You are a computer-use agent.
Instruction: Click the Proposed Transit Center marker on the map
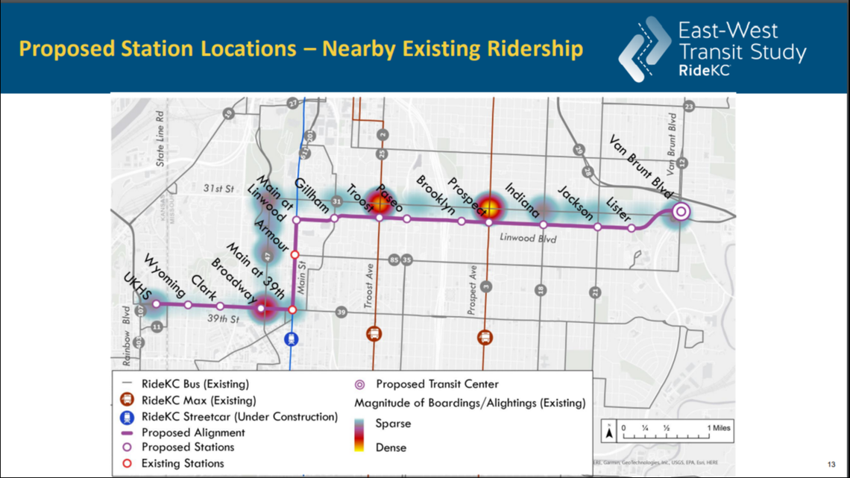(x=680, y=212)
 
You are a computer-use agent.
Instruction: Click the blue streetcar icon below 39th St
(x=293, y=338)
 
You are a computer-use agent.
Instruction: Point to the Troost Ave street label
(x=369, y=283)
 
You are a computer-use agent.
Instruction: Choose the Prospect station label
(x=467, y=195)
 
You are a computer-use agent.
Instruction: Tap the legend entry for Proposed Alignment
(x=192, y=432)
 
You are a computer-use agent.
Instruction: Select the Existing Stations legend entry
(x=183, y=463)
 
